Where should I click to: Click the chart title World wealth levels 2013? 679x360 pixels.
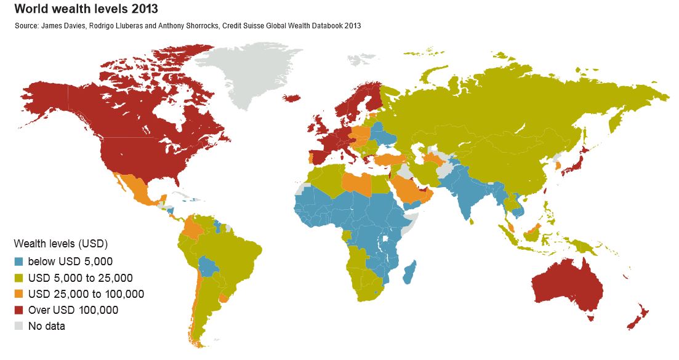click(x=86, y=9)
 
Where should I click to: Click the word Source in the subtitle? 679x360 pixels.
click(x=26, y=26)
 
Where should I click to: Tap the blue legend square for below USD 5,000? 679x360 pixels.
click(x=19, y=261)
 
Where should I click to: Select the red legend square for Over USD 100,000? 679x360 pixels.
click(x=19, y=310)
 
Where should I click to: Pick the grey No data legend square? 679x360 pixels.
click(x=19, y=326)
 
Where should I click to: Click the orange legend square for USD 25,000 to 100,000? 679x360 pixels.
click(x=19, y=294)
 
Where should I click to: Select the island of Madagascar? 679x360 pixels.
click(x=409, y=271)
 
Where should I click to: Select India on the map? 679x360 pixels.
click(x=466, y=194)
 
